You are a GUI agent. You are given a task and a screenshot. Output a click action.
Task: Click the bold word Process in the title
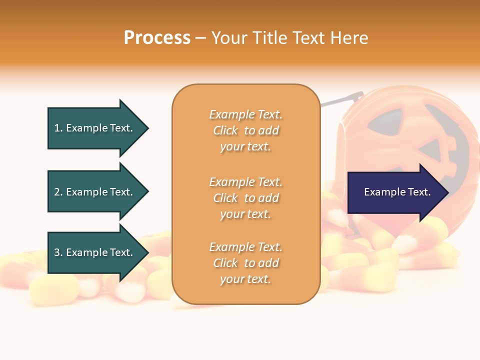coord(157,38)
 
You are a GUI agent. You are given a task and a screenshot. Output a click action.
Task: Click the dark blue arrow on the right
coord(395,192)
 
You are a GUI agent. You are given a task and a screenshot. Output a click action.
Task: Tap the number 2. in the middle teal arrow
coord(58,192)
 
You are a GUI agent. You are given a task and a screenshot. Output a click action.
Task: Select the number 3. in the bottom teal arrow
coord(58,252)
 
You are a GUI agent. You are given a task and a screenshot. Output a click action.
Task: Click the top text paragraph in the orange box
coord(245,130)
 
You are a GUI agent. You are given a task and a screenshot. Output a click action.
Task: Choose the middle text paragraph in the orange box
coord(245,198)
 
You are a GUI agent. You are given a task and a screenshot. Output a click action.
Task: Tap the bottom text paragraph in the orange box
coord(245,263)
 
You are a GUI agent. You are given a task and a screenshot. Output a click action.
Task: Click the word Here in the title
coord(349,38)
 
